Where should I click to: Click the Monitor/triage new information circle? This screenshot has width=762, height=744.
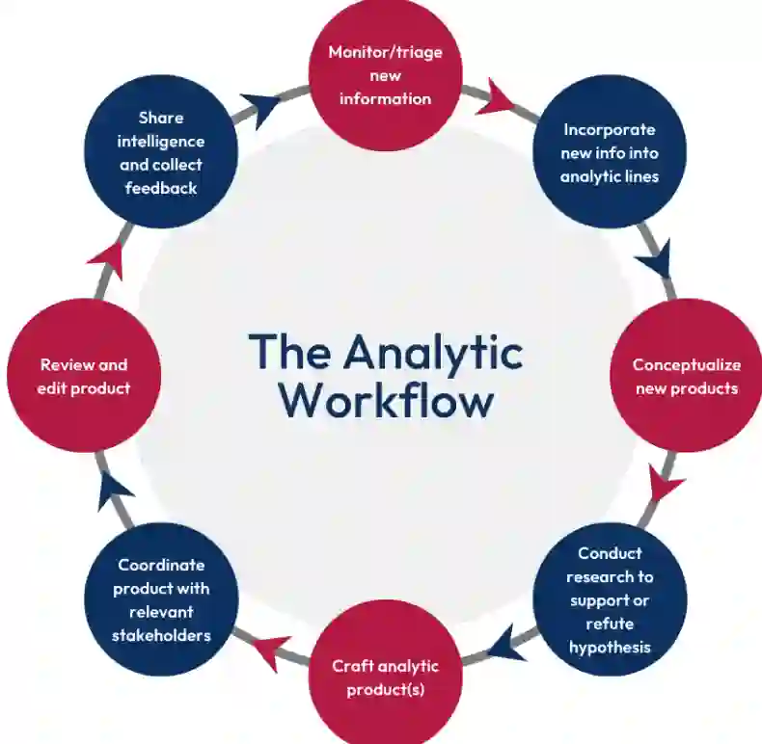(385, 75)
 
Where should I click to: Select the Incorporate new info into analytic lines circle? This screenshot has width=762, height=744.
(609, 152)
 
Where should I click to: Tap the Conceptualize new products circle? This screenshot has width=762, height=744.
(685, 376)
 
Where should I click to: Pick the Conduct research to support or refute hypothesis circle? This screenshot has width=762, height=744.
(609, 599)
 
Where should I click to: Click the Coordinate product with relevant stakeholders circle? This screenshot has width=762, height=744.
(161, 599)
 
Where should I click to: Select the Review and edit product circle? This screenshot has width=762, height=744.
(83, 376)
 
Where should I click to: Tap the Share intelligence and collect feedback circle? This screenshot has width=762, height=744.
(161, 152)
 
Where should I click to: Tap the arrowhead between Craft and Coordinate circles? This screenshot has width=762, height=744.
(270, 651)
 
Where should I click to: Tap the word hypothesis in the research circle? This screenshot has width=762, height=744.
(609, 647)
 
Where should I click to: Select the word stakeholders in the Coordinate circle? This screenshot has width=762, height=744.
(161, 635)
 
